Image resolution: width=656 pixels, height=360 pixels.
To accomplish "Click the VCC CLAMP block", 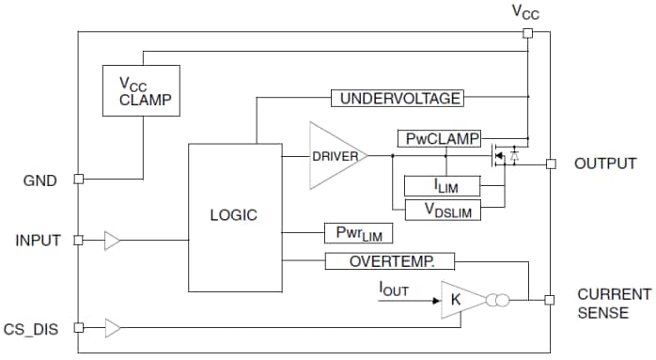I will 142,91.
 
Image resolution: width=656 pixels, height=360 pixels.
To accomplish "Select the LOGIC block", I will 232,216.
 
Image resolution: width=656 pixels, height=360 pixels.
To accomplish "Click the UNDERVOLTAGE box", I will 399,98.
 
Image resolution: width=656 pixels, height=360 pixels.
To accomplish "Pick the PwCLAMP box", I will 438,139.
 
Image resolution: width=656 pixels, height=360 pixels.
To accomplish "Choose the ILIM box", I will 442,186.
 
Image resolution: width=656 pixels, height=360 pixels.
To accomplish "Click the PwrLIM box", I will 357,232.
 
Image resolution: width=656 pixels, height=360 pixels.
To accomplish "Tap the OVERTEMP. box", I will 389,261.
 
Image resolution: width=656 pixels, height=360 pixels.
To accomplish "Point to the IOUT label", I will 393,287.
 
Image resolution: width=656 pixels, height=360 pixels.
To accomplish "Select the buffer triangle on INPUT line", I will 113,241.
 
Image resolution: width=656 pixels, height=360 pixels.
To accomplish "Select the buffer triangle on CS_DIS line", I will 113,327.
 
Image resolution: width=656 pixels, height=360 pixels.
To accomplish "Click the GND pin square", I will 79,178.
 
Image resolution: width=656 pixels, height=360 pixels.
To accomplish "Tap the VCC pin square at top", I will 527,33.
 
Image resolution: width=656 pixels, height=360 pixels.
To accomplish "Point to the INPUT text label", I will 38,241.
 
